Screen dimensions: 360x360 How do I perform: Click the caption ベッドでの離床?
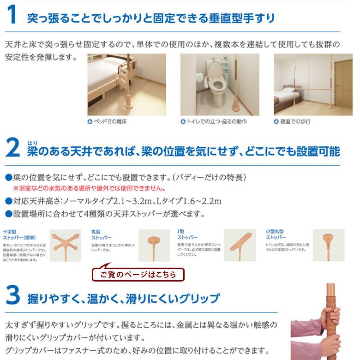tap(109, 122)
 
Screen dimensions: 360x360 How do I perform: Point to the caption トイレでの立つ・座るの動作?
tap(214, 122)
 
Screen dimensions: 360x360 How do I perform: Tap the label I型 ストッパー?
tap(186, 234)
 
